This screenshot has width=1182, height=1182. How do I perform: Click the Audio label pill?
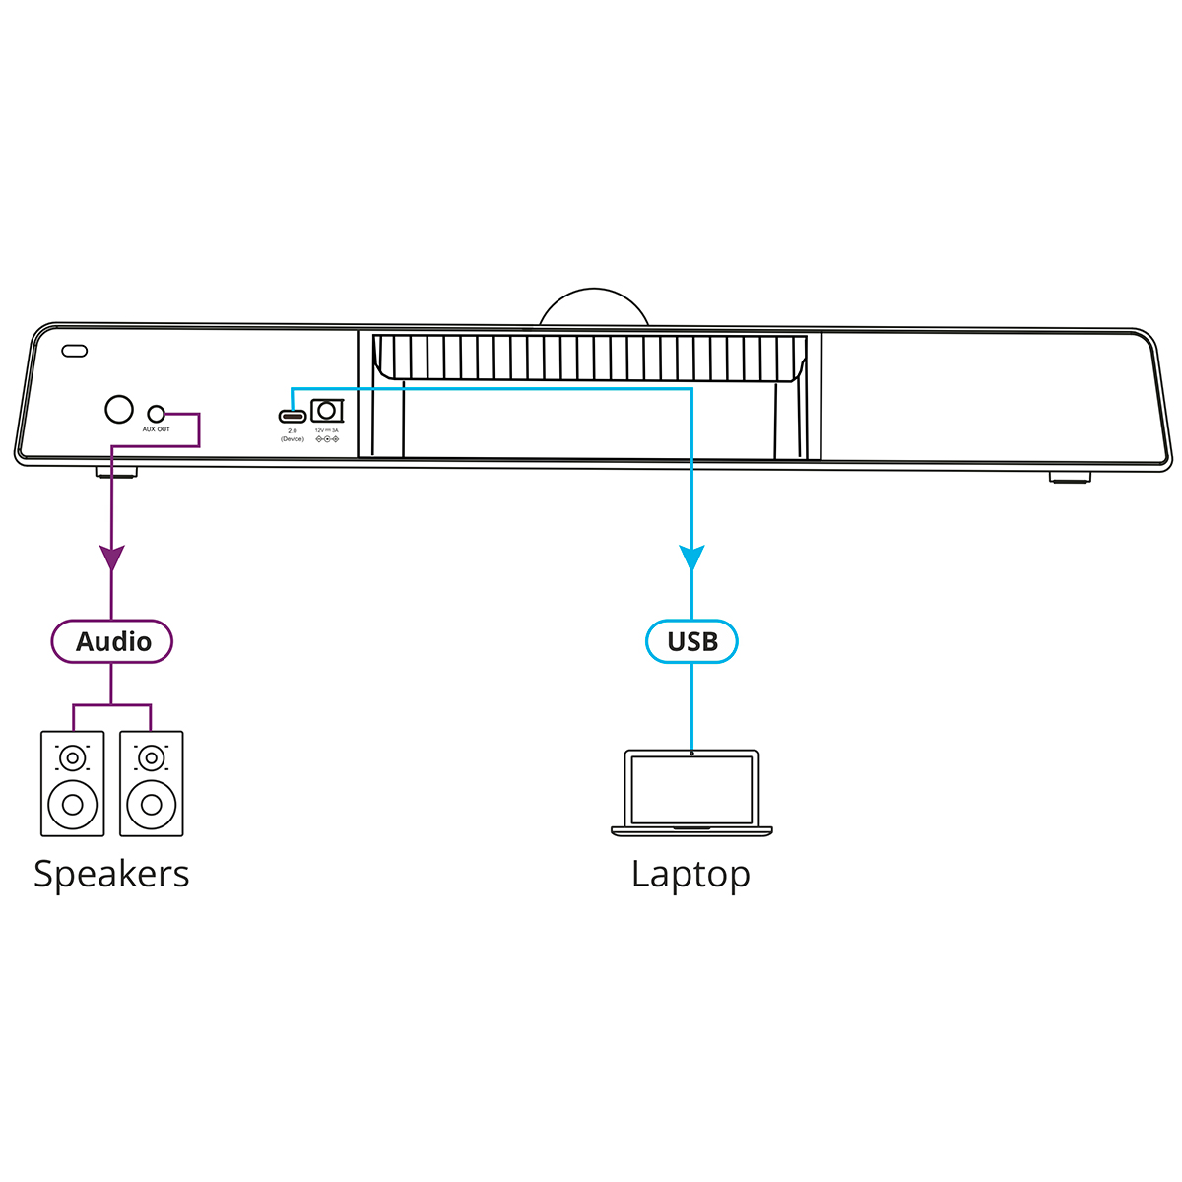pos(112,641)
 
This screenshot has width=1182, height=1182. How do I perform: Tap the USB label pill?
pos(691,641)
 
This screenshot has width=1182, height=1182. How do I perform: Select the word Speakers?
pos(111,874)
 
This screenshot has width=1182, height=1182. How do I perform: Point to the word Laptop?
pos(690,875)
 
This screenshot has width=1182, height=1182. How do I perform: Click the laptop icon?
pos(691,793)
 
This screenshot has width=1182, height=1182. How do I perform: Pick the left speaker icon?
pos(72,783)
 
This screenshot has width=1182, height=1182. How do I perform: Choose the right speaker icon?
pos(151,783)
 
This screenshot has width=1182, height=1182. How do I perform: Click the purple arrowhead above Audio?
pos(112,558)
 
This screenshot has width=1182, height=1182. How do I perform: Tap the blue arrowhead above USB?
pos(691,558)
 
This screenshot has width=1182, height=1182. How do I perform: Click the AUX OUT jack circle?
pos(156,414)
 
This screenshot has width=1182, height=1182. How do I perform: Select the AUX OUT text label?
pos(156,429)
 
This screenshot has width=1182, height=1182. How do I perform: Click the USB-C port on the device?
pos(292,415)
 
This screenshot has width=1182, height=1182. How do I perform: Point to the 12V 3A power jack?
pos(325,411)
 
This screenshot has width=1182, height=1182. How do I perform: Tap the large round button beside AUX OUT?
pos(119,410)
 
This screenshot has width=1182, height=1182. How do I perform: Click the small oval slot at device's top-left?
pos(75,351)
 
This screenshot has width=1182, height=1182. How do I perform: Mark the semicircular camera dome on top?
pos(594,308)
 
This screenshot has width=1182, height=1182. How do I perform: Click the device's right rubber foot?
pos(1070,477)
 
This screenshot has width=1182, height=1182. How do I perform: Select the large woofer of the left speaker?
pos(72,804)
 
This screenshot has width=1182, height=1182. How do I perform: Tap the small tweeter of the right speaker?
pos(151,757)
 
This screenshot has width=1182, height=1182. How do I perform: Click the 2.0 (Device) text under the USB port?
pos(292,434)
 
